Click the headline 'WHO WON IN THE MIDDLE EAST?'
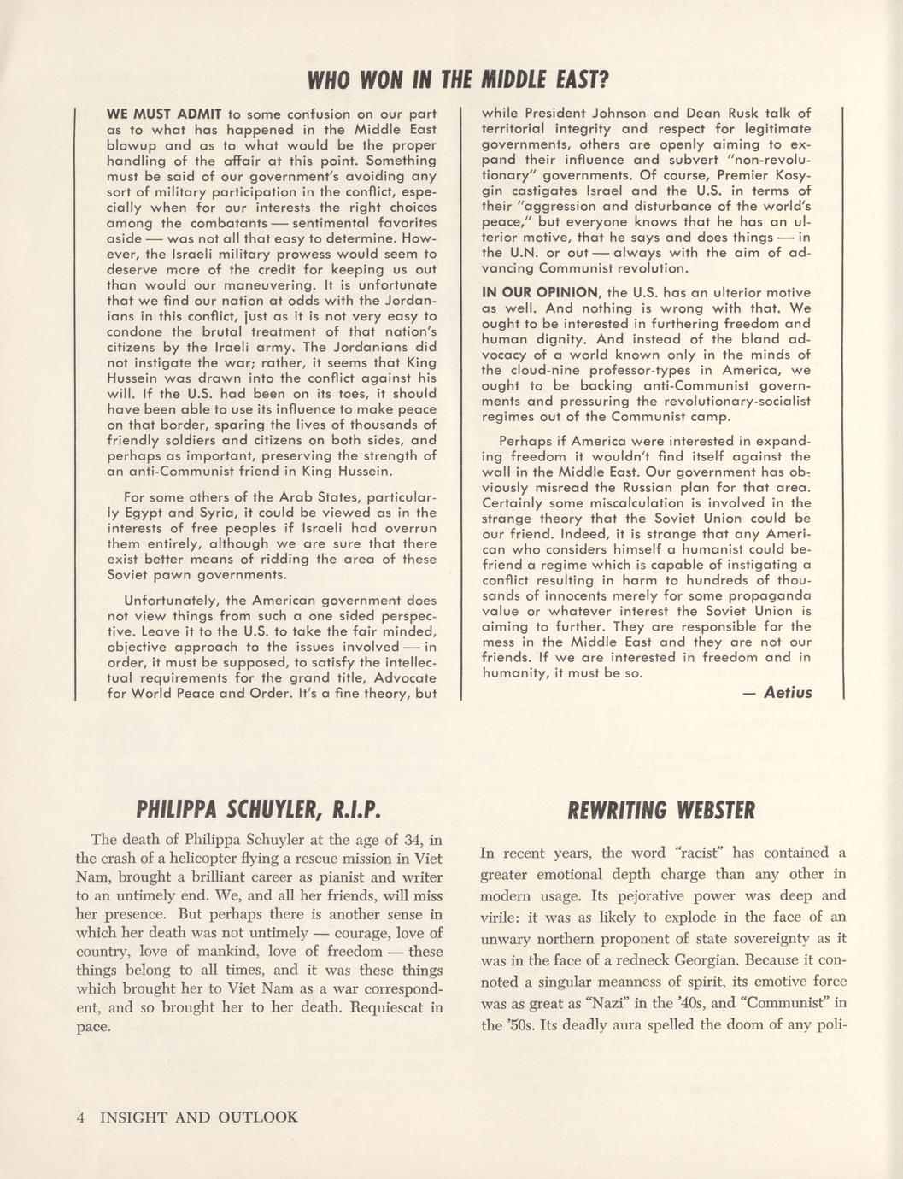(x=456, y=81)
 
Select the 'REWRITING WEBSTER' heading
(x=661, y=809)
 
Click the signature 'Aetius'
(x=788, y=692)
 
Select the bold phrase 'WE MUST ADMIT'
(x=164, y=114)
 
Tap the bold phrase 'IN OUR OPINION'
(x=540, y=292)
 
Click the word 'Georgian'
(x=721, y=959)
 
